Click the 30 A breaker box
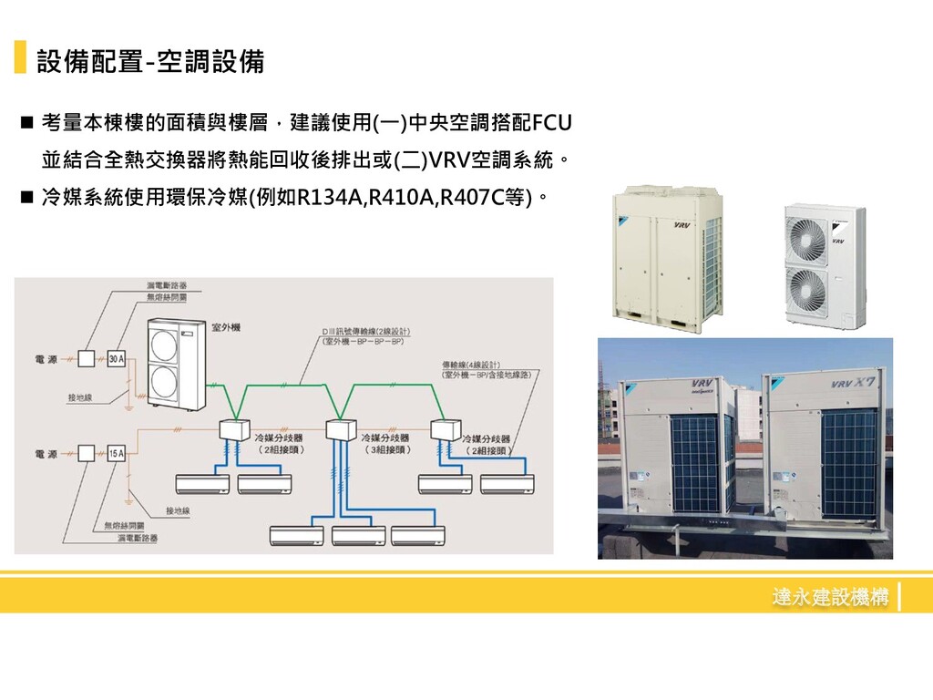coord(117,358)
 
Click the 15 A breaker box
coord(117,452)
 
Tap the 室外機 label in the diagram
coord(226,327)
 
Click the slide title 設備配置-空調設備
coord(150,62)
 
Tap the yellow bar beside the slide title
coord(20,57)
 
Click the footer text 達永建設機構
coord(829,598)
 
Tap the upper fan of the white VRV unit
coord(805,237)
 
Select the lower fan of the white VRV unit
coord(806,290)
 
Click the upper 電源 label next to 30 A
coord(45,358)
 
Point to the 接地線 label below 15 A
coord(178,511)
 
